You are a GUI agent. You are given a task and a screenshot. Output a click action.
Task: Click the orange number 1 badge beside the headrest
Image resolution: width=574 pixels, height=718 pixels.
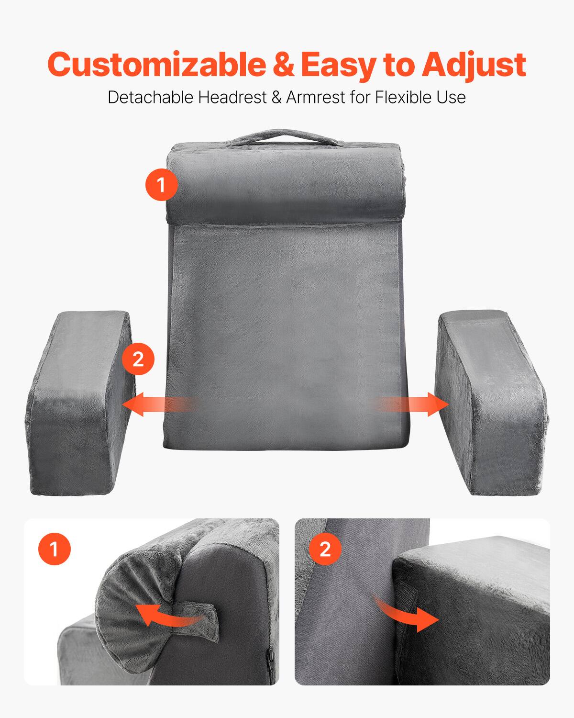pos(161,184)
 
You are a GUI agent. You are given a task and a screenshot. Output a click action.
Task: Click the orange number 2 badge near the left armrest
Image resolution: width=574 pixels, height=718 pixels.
pos(138,359)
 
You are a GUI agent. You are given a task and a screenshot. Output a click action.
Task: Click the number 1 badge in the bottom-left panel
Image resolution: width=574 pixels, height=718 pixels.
pos(54,549)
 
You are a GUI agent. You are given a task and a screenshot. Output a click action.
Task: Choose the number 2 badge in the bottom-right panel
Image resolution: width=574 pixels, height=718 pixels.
pos(325,549)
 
